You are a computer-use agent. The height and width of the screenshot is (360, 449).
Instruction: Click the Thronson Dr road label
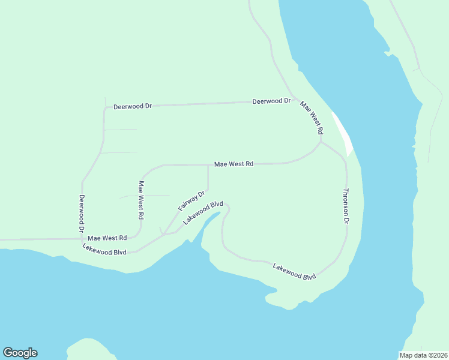point(346,206)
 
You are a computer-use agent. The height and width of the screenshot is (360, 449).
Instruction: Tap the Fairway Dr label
point(192,200)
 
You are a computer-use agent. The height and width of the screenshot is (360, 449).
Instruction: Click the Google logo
point(20,353)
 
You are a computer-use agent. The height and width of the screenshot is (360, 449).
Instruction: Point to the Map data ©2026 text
point(423,355)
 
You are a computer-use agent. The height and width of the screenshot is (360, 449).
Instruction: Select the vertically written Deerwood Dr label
point(81,214)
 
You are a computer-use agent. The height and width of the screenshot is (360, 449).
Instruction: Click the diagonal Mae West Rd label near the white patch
point(312,117)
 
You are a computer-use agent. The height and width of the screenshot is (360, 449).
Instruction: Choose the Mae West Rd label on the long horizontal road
point(234,164)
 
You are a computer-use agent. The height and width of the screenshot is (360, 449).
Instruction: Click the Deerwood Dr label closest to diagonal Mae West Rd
point(271,101)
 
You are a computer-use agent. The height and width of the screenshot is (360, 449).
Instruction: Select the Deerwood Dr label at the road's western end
point(133,106)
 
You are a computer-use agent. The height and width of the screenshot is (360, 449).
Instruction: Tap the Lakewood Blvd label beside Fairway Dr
point(203,213)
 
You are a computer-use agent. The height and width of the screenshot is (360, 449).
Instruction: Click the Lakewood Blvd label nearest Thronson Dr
point(294,272)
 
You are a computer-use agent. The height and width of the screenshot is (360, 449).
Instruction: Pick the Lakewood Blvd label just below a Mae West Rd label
point(104,249)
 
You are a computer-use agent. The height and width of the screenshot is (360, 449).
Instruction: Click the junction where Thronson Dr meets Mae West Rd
point(321,142)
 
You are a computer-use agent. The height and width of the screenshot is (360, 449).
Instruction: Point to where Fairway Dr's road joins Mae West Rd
point(208,164)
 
